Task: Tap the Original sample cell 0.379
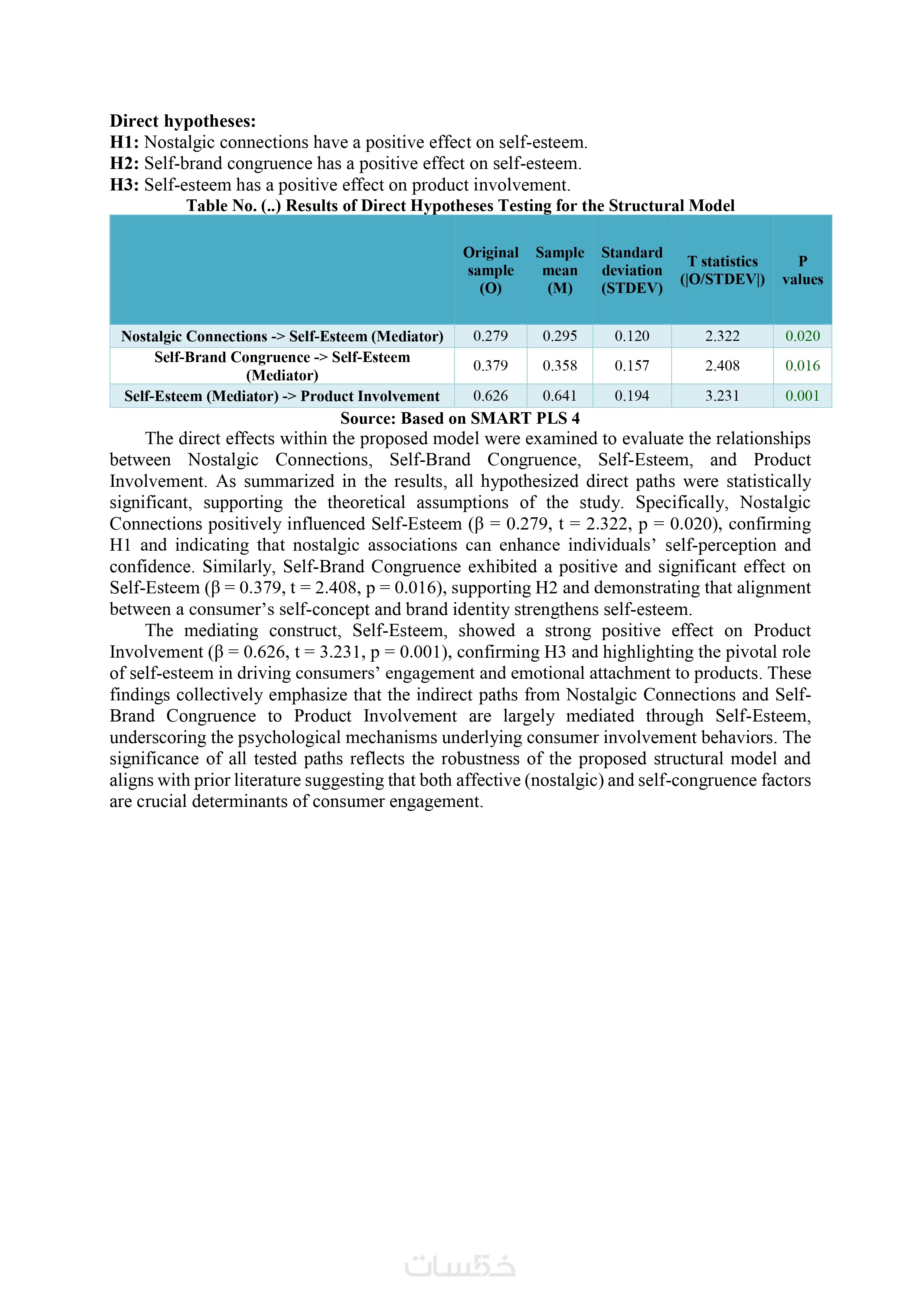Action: (x=490, y=365)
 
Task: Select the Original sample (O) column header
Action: (x=490, y=270)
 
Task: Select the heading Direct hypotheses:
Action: (x=183, y=121)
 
